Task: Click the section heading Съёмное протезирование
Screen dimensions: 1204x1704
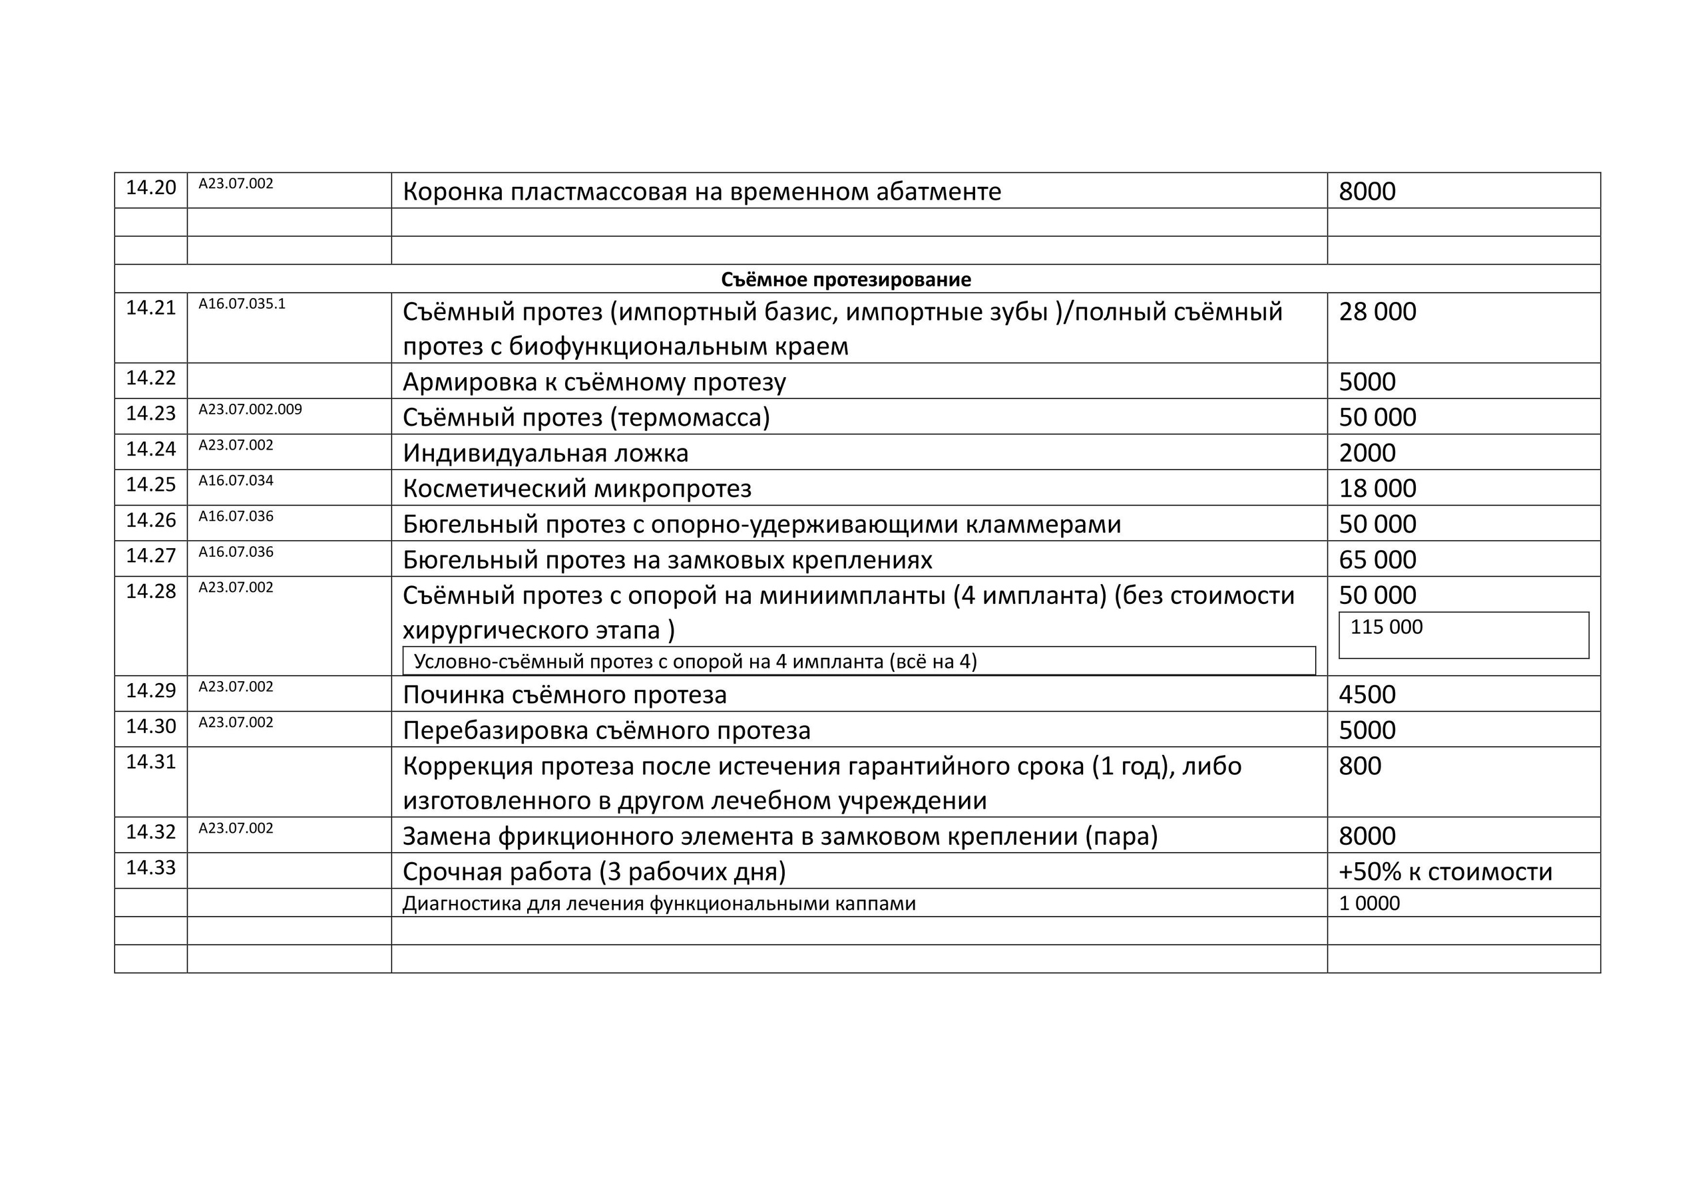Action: (845, 279)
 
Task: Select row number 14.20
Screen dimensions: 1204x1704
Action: (150, 188)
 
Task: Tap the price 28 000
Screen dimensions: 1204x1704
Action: (1377, 311)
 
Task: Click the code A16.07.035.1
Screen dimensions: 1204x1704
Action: (241, 303)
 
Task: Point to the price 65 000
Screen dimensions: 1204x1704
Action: (1377, 559)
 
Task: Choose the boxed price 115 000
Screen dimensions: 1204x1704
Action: (1386, 627)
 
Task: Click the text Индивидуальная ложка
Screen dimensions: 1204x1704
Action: (546, 452)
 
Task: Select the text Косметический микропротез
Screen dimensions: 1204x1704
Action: (576, 488)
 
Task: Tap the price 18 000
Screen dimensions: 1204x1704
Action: (1377, 488)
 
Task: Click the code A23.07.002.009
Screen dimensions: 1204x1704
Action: (250, 410)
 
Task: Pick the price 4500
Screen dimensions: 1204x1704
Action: (1367, 694)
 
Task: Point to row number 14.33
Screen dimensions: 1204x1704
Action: (150, 867)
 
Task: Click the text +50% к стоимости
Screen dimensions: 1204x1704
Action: (1445, 871)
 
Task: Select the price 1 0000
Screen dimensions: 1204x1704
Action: (1369, 903)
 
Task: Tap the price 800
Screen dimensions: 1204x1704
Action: (1360, 766)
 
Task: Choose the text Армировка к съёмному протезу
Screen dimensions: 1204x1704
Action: (594, 381)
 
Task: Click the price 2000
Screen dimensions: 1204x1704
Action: (1367, 452)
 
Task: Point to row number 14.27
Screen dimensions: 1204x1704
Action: (150, 555)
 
